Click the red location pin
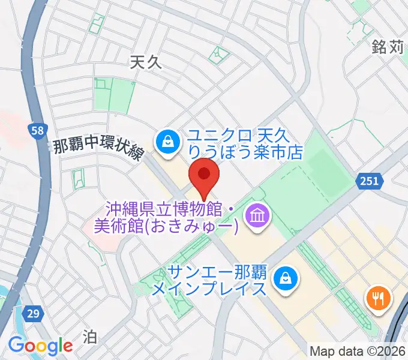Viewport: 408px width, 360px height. (204, 175)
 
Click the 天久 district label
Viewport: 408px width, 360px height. (146, 62)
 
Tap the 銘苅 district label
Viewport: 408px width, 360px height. (388, 47)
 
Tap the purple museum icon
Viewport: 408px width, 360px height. (259, 214)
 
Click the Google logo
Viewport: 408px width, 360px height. (40, 346)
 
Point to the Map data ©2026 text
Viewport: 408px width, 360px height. (357, 350)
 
